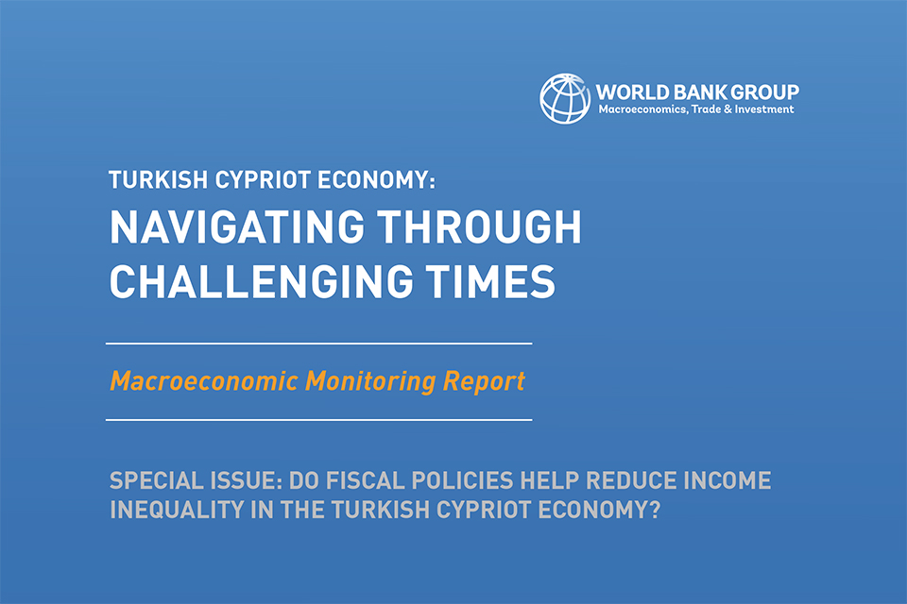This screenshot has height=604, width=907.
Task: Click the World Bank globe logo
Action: pos(565,98)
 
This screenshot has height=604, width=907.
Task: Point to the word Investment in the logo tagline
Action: pos(764,109)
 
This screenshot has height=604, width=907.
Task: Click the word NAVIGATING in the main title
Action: pos(237,226)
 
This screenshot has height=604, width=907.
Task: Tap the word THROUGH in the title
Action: pos(480,226)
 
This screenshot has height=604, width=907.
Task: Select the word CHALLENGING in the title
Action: pos(262,281)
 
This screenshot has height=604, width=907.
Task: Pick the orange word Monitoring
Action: pos(370,381)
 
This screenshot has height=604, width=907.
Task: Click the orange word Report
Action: pos(484,382)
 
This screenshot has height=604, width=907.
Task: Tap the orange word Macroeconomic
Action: pos(204,381)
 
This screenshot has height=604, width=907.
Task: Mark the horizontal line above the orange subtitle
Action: pos(318,344)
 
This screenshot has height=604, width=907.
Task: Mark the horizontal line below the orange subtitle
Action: pos(318,420)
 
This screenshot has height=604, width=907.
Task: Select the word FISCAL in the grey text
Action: pos(366,481)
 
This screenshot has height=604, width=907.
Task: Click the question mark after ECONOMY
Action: pos(655,510)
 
